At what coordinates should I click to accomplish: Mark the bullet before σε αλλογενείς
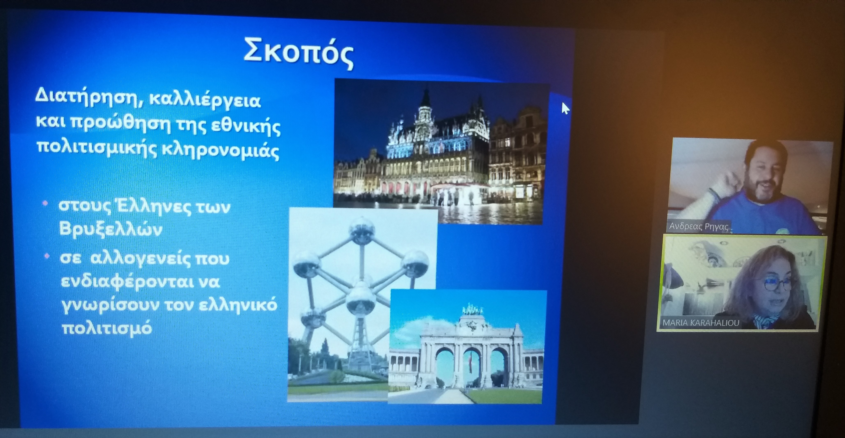coord(47,256)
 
